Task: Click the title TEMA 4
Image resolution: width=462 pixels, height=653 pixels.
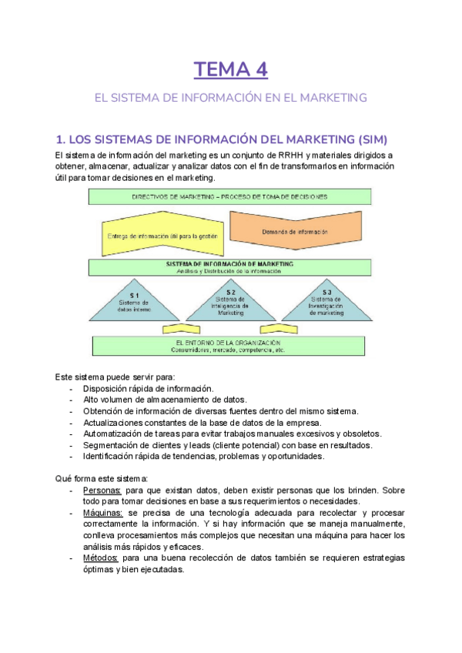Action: [x=231, y=70]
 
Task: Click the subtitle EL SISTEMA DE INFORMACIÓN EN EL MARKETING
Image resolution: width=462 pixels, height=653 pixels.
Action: [x=231, y=98]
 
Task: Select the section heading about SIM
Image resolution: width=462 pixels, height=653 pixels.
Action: [x=222, y=139]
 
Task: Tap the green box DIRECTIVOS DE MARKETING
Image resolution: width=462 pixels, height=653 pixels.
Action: [x=229, y=196]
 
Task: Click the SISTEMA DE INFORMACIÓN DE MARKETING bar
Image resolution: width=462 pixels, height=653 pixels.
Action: [x=229, y=267]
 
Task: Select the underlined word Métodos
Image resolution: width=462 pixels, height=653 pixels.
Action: [x=101, y=558]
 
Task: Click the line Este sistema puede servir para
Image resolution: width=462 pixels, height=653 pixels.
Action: [x=115, y=377]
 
